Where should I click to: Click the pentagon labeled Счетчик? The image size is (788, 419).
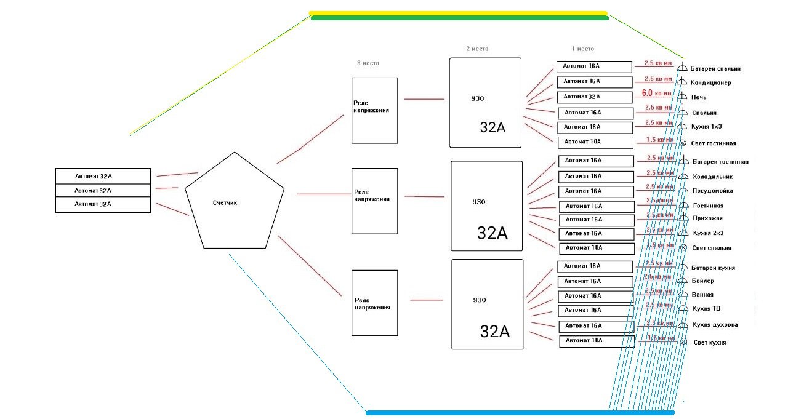(x=235, y=203)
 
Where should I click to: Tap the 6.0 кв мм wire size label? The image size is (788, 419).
(x=657, y=94)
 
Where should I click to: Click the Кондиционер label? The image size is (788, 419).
(x=710, y=83)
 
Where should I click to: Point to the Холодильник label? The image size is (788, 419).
(x=712, y=177)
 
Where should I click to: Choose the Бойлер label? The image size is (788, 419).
(x=703, y=281)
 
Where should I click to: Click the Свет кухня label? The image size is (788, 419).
(x=709, y=343)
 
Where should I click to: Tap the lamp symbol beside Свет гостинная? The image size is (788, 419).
(x=683, y=143)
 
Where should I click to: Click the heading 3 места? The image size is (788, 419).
(x=368, y=63)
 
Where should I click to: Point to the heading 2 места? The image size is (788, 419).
(x=477, y=49)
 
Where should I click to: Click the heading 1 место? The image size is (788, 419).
(x=582, y=49)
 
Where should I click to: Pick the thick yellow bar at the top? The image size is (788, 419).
(x=458, y=13)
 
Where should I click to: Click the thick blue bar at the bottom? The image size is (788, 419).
(x=520, y=413)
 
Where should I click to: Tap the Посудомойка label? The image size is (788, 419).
(x=712, y=191)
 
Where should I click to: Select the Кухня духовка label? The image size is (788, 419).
(x=715, y=325)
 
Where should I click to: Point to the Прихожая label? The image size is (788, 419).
(x=707, y=218)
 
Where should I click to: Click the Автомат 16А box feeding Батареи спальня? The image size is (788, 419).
(x=594, y=66)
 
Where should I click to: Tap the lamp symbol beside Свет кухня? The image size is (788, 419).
(x=683, y=342)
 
